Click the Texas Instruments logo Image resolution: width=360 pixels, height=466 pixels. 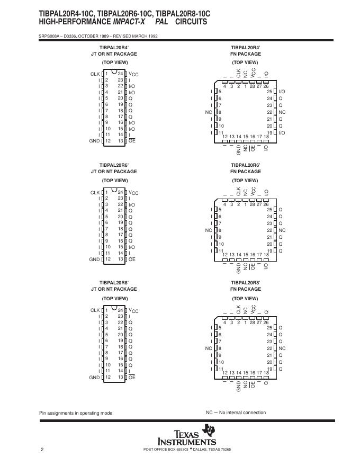[x=187, y=436]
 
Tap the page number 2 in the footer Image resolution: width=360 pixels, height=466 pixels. [x=42, y=450]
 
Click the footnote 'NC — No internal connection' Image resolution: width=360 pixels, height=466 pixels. [x=236, y=413]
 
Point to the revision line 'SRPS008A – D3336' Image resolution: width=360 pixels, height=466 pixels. [x=98, y=36]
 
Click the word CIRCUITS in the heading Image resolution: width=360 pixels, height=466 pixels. [x=191, y=22]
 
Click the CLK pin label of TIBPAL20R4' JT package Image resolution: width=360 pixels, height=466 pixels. [x=95, y=74]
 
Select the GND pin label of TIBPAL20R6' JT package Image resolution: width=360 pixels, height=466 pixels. [x=94, y=259]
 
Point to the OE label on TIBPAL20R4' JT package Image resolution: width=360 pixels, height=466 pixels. [x=132, y=141]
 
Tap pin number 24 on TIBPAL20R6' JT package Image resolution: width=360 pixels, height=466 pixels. [x=120, y=192]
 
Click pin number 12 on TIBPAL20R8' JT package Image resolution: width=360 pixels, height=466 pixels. [x=107, y=377]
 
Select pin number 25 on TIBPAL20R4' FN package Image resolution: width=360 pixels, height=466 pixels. [x=269, y=92]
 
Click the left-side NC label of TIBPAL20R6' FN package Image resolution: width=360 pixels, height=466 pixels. [x=208, y=230]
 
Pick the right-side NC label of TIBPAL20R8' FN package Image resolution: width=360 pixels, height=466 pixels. [x=282, y=348]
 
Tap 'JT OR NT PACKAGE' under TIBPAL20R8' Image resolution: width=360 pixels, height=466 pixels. [x=114, y=290]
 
